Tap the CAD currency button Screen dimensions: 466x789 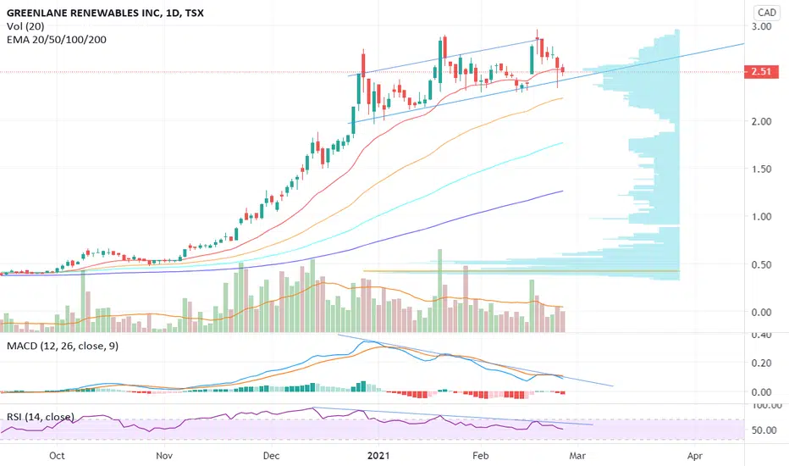pos(767,13)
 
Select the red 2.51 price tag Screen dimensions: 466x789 pos(766,72)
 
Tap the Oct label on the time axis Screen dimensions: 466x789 pos(58,456)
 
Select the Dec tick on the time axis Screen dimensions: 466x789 pos(271,456)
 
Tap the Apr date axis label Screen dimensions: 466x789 pos(695,456)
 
